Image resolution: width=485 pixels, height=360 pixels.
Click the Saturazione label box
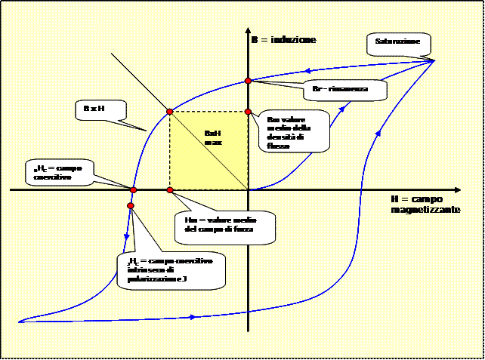coord(399,42)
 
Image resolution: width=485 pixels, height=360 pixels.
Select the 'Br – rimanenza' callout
coord(341,89)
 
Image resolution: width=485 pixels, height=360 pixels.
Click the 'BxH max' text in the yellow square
coord(212,137)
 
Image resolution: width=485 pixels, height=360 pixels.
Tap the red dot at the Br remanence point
coord(248,80)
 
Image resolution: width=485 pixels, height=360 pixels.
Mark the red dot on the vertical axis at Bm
coord(248,112)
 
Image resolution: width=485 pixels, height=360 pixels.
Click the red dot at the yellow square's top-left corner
coord(170,112)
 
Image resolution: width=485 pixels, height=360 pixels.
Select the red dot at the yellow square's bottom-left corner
coord(170,189)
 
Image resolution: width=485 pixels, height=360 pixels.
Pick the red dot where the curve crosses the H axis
coord(133,189)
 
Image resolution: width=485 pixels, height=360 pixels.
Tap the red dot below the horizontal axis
coord(131,206)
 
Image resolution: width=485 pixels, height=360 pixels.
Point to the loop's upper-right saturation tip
coord(434,60)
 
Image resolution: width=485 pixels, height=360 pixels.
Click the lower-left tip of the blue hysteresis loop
coord(20,322)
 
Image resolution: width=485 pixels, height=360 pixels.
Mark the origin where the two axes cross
coord(248,189)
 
